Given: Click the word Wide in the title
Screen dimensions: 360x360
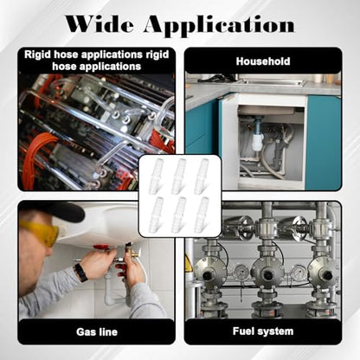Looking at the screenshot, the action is (100, 24).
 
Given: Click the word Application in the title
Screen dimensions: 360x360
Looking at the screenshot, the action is (219, 26).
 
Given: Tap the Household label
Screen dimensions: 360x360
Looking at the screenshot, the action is (263, 61).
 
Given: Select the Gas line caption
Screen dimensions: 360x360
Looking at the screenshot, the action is (97, 331).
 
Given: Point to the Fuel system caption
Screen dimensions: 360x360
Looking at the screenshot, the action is (263, 331).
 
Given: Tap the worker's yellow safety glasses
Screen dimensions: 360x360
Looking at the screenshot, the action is (41, 232).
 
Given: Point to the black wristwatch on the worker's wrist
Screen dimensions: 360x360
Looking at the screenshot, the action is (80, 273).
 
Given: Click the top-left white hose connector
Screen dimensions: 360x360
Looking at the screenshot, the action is (157, 176).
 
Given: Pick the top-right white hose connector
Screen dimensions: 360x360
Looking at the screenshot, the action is (201, 176).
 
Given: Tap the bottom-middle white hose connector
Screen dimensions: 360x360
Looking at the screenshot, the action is (179, 214).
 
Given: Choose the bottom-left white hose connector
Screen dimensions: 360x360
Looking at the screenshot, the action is (157, 214).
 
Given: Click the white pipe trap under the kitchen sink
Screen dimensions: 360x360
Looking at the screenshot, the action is (256, 140).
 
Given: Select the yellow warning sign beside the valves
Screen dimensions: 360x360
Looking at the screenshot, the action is (188, 264).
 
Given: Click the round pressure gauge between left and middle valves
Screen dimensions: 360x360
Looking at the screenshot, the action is (240, 271).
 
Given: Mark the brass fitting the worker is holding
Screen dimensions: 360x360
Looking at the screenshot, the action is (128, 254).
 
